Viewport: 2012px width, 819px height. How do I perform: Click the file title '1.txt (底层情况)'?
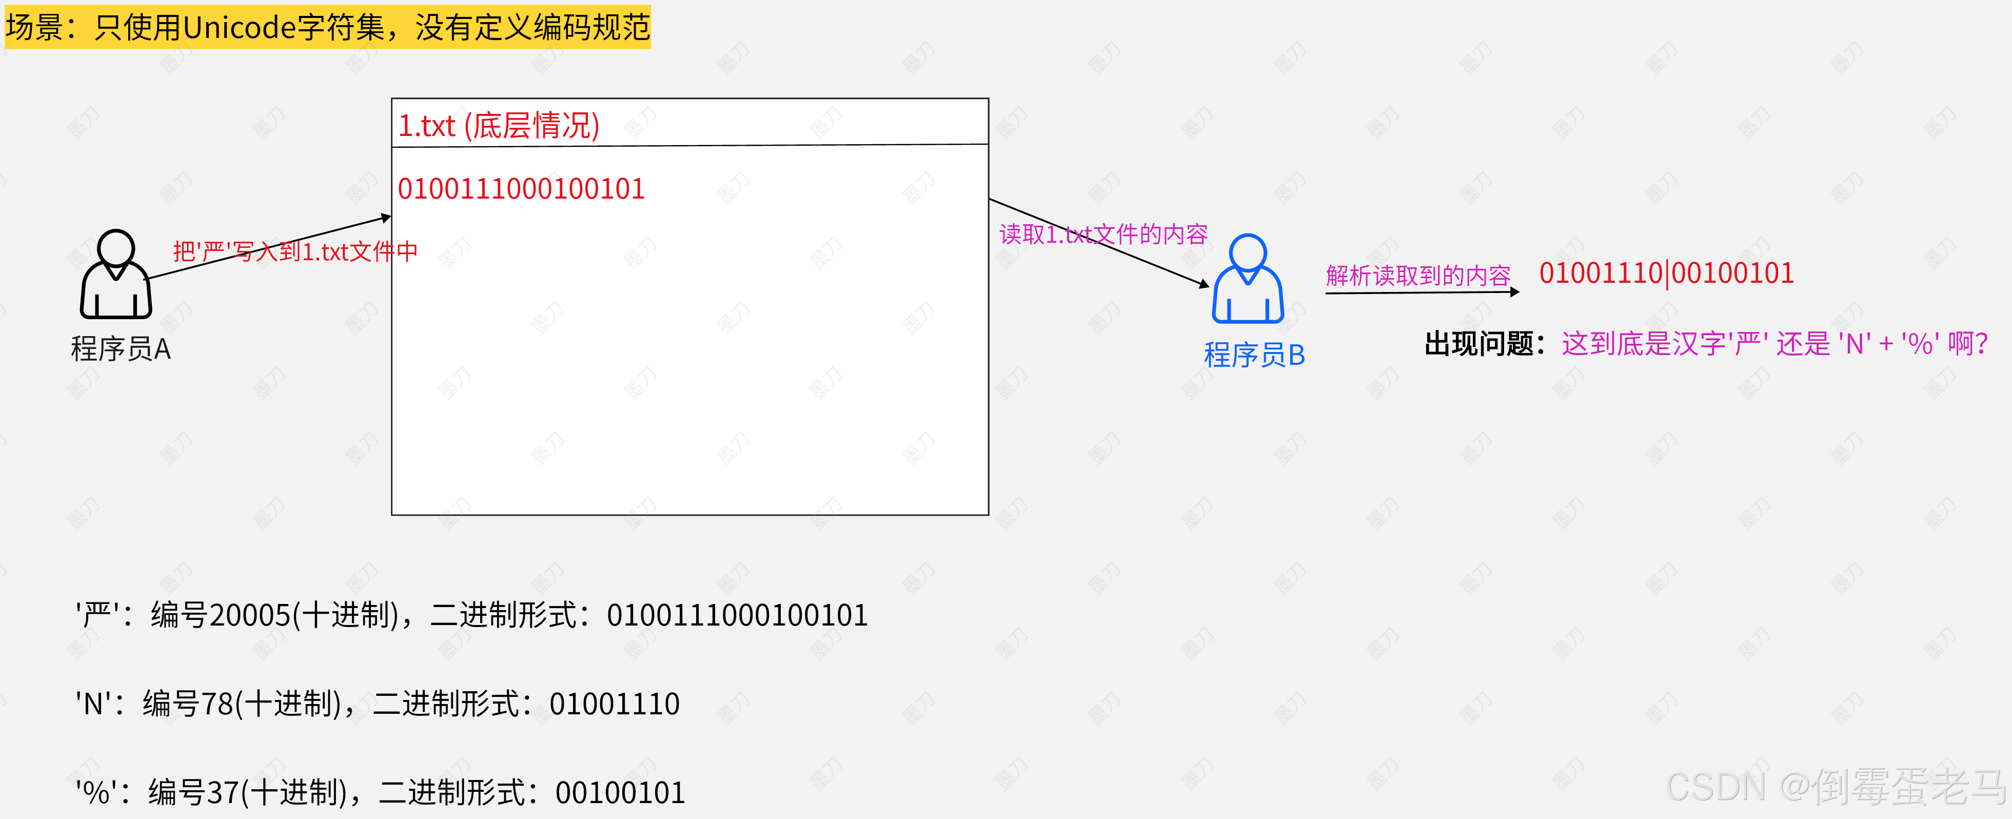point(498,125)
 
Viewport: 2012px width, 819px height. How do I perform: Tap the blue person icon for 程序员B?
point(1247,279)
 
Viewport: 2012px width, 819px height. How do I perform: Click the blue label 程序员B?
point(1254,355)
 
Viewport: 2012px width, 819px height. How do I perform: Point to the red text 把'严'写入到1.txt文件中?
point(295,251)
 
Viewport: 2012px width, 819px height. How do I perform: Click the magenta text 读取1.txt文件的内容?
point(1103,233)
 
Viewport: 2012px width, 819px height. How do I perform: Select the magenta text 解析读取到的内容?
point(1417,275)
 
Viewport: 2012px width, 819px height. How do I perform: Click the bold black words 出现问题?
point(1478,344)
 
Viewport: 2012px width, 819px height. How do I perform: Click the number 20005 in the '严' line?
point(250,616)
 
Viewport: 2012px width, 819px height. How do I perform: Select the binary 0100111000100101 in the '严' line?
point(737,616)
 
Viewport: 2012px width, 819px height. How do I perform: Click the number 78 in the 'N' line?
point(217,704)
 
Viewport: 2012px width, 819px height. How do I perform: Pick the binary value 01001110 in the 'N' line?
point(614,704)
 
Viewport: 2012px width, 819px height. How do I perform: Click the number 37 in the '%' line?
point(223,792)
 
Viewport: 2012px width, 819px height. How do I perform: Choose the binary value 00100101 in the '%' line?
point(619,792)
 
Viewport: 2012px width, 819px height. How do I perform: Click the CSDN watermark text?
point(1836,786)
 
